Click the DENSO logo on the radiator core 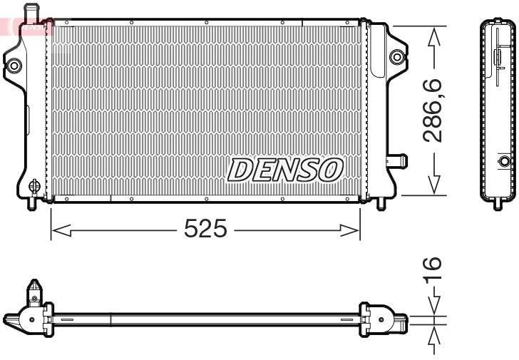point(285,170)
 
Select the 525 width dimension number point(205,229)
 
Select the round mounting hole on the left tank point(14,66)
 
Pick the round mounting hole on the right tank point(396,57)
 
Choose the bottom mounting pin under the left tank point(31,202)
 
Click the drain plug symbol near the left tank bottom point(33,187)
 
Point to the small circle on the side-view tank point(505,160)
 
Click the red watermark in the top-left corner point(29,27)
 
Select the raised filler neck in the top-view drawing point(34,292)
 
